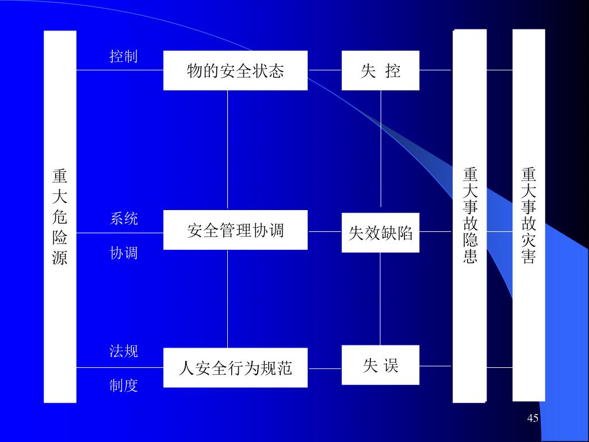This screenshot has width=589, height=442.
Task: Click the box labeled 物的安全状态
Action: [235, 71]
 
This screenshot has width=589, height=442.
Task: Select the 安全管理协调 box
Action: [235, 230]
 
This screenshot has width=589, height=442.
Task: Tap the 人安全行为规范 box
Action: [235, 368]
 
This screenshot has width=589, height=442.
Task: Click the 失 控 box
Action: [380, 71]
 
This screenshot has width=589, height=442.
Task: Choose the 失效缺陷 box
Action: [380, 233]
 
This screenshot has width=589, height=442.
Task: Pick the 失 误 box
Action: [380, 365]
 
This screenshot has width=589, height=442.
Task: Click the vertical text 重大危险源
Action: [60, 216]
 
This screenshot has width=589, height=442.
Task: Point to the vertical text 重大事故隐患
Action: [470, 215]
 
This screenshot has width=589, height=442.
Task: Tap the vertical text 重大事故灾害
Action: [529, 215]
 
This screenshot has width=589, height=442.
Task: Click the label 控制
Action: [124, 56]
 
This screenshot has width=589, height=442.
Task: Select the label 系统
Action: [124, 219]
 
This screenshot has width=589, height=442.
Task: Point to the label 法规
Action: [124, 351]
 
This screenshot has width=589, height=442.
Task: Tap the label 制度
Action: [124, 386]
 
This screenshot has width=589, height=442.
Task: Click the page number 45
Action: [533, 418]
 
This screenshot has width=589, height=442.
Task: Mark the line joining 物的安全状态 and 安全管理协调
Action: [228, 150]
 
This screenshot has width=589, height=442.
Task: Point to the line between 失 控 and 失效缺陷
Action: [381, 150]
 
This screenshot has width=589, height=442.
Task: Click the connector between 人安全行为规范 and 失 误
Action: [324, 368]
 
